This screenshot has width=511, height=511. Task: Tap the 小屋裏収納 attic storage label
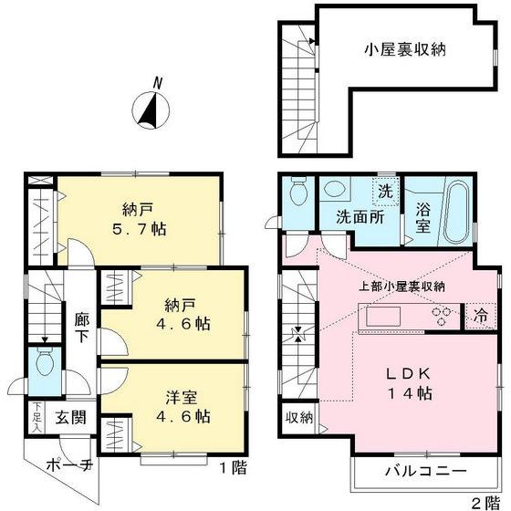click(x=406, y=51)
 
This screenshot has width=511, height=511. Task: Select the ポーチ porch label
click(x=69, y=465)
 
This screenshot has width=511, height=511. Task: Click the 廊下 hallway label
click(x=83, y=328)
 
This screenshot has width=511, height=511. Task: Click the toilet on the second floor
click(x=297, y=192)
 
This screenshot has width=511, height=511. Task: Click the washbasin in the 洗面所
click(x=334, y=191)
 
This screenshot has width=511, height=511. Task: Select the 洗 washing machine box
click(x=385, y=192)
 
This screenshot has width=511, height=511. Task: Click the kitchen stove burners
click(x=443, y=316)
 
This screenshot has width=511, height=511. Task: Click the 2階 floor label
click(x=480, y=502)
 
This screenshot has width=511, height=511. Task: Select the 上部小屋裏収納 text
click(x=401, y=287)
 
